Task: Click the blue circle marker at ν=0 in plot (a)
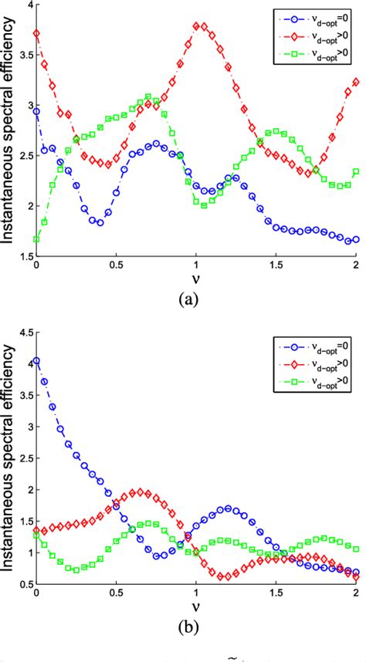[x=36, y=112]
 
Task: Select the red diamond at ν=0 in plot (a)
[x=36, y=33]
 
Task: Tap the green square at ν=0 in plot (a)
[x=36, y=239]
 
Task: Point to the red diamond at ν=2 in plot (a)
[x=355, y=82]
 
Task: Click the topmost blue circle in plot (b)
[x=36, y=360]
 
